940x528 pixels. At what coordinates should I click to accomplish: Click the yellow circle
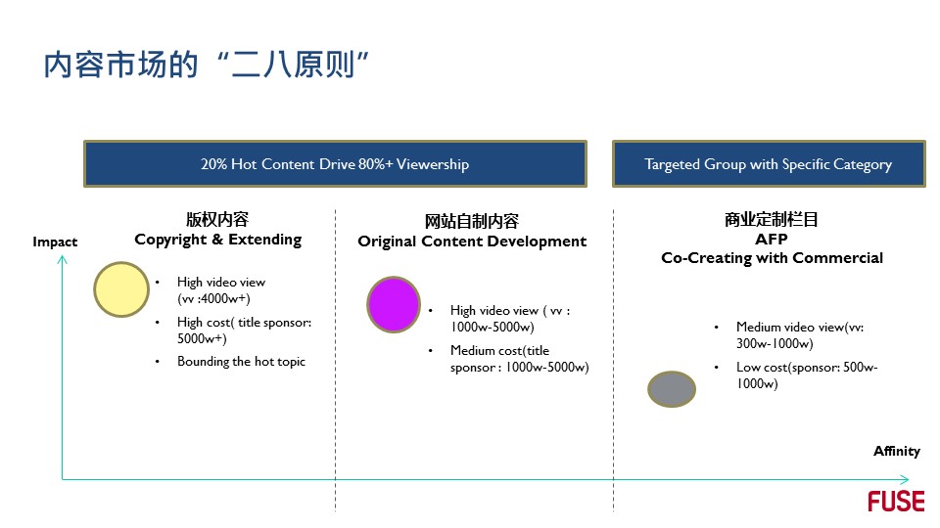click(x=121, y=289)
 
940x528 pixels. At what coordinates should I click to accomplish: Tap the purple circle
click(x=394, y=304)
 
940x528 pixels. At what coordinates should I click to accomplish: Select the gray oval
click(x=672, y=389)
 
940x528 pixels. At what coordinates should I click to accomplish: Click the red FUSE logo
click(x=896, y=501)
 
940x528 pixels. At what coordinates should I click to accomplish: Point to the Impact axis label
click(x=55, y=242)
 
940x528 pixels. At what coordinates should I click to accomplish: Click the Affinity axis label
click(x=896, y=451)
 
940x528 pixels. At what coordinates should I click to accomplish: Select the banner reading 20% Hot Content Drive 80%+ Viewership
click(x=335, y=164)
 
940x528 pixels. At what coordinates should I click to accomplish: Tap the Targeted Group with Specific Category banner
click(x=769, y=164)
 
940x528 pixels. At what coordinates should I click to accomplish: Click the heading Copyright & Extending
click(x=218, y=240)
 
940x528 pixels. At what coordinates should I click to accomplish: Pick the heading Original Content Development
click(x=472, y=242)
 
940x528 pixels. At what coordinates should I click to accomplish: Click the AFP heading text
click(x=772, y=239)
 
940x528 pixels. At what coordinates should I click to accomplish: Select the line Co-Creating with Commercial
click(x=773, y=258)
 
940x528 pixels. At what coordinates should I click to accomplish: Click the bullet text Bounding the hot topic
click(x=241, y=362)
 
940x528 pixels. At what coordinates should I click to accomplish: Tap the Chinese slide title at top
click(x=206, y=65)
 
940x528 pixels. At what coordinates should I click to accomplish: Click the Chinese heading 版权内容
click(x=217, y=219)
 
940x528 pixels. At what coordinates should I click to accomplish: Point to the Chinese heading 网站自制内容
click(x=472, y=222)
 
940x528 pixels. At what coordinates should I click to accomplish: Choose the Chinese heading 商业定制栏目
click(x=772, y=220)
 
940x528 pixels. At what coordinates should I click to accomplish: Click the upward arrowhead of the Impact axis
click(x=62, y=260)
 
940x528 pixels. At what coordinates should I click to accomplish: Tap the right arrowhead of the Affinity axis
click(x=905, y=479)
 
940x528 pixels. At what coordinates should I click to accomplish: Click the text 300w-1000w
click(x=775, y=343)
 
